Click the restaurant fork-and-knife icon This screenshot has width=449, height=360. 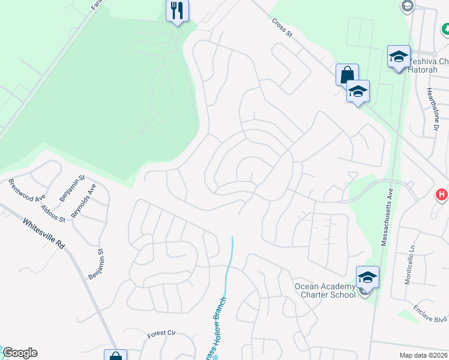178,10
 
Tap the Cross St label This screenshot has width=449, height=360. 281,28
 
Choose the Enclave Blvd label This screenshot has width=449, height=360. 430,316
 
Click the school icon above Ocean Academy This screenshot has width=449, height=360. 367,277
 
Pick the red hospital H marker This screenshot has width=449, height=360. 442,194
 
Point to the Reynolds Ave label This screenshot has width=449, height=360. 83,201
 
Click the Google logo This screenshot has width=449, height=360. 20,353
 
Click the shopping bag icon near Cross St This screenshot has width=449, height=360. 347,76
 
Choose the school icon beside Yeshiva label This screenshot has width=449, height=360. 399,57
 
